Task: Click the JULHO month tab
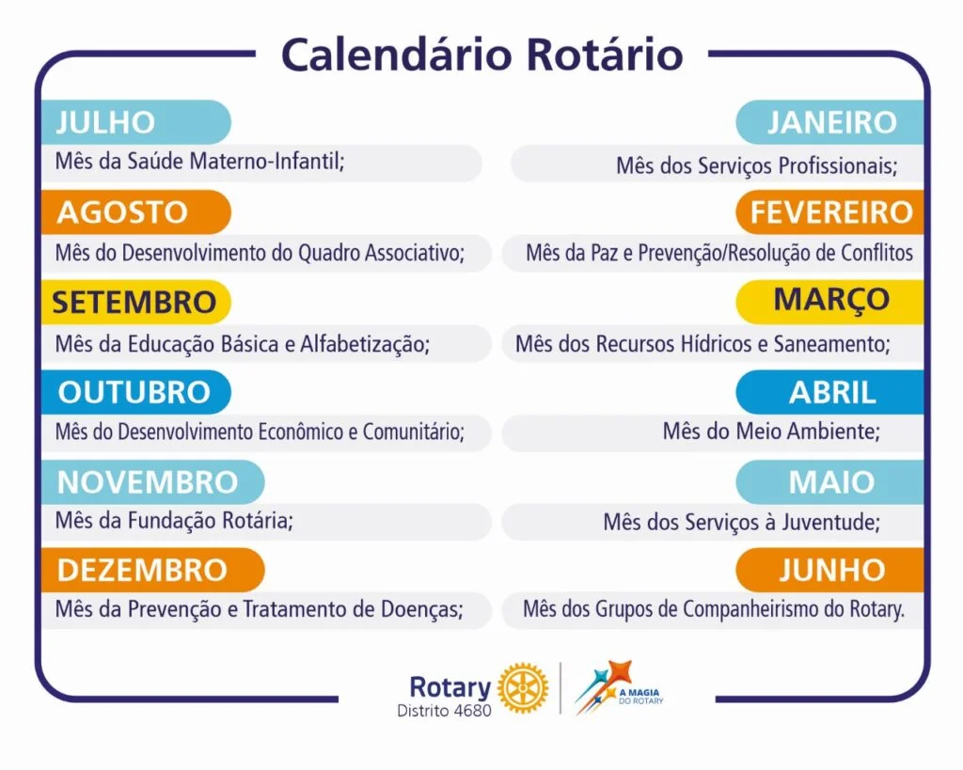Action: point(135,121)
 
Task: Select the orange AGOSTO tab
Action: point(135,212)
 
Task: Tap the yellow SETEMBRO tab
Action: point(135,302)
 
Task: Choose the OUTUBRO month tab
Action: point(135,392)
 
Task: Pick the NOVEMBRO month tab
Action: point(153,482)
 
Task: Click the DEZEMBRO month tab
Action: point(153,570)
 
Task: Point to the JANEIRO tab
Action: point(829,121)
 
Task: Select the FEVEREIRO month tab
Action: point(829,212)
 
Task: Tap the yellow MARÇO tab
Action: point(829,302)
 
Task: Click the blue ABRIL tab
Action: point(829,392)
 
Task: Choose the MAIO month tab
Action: point(829,482)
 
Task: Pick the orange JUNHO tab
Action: point(829,570)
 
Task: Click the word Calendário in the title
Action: point(396,55)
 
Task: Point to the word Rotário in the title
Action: point(605,55)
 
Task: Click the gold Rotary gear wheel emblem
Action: point(523,687)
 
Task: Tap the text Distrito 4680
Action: point(444,711)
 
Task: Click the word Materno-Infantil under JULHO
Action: point(267,161)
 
